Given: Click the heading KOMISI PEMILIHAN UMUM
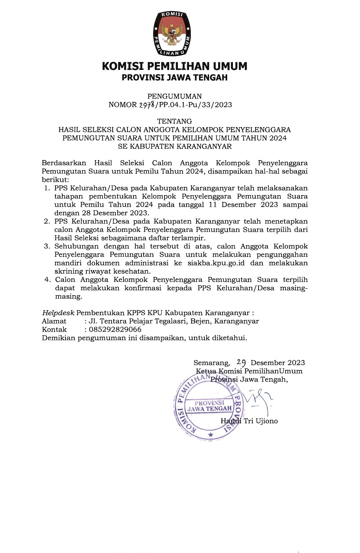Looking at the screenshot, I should [x=175, y=66].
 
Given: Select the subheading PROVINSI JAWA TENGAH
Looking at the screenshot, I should [x=175, y=77].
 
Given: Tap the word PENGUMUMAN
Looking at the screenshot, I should [x=175, y=96].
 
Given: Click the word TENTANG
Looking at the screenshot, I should [x=175, y=121].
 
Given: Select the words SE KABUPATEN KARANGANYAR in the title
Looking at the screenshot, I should [x=175, y=146].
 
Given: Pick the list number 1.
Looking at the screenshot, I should [x=47, y=188].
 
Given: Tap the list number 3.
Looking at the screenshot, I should [x=47, y=246].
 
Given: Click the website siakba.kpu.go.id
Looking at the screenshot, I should [x=216, y=263].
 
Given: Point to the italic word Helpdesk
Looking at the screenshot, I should [x=58, y=313].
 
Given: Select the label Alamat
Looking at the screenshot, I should [x=54, y=321].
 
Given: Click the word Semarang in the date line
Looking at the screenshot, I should [x=212, y=363].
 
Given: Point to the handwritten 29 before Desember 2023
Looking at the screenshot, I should [x=241, y=362].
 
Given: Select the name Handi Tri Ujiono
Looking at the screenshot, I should [x=249, y=421].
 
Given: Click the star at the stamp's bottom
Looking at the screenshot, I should [x=211, y=436].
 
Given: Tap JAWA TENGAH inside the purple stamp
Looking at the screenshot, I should [x=210, y=409].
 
